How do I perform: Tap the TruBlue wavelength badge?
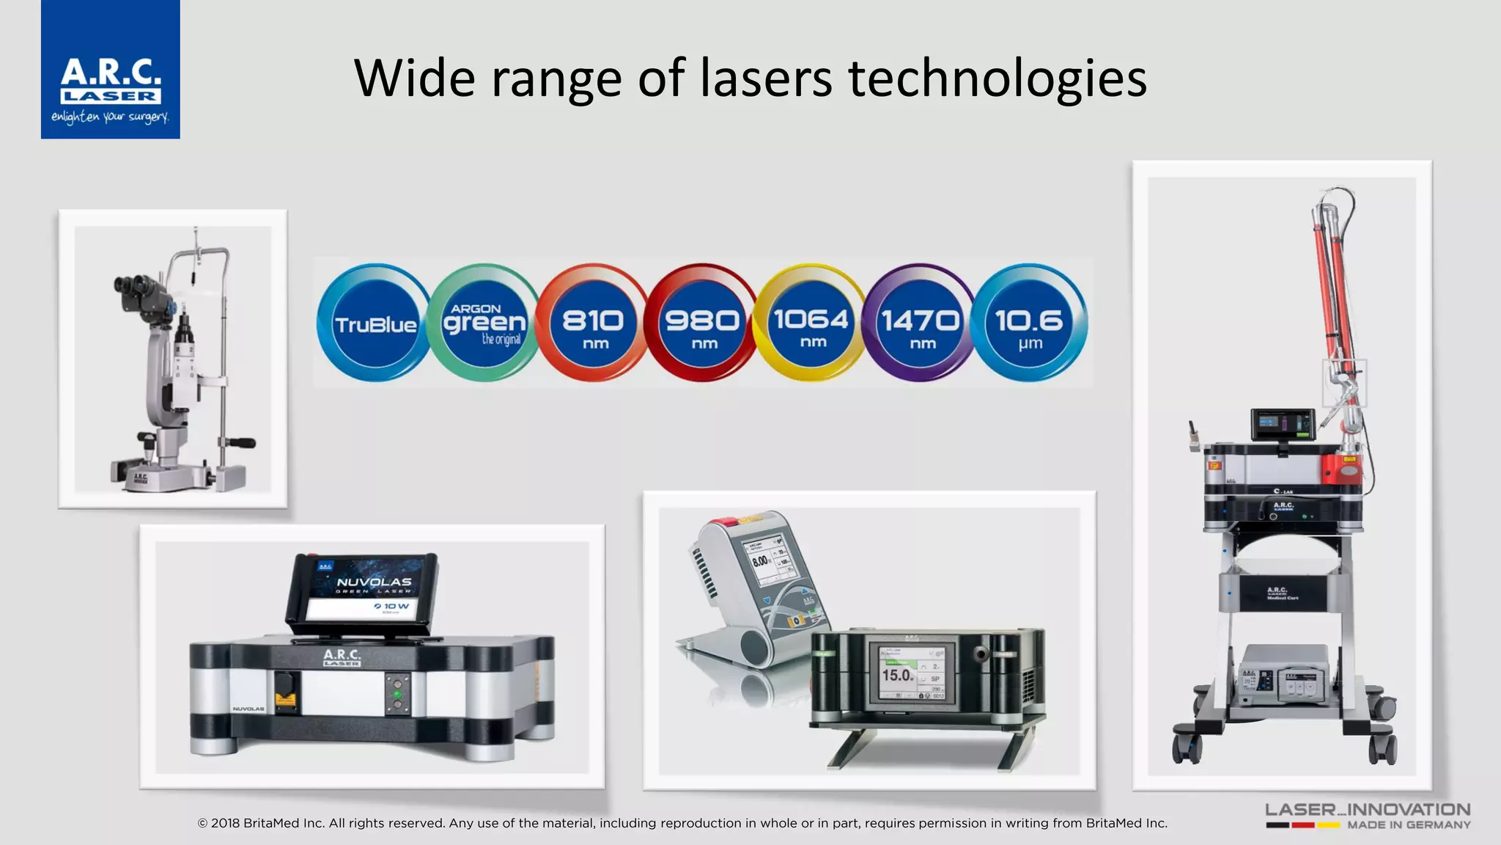375,323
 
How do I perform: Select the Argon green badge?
484,323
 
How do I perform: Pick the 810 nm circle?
593,323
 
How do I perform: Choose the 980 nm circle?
701,323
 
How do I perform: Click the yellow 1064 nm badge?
811,323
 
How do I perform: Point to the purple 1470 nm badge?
920,323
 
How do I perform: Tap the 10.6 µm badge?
1029,323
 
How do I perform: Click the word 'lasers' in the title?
765,78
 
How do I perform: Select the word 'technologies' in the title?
997,78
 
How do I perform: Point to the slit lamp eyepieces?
133,285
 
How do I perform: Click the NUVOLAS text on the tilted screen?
374,582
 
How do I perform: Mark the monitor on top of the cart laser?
1283,424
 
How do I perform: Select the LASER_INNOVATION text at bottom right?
1368,810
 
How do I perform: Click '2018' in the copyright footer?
225,823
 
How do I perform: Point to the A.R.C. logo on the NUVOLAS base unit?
342,656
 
